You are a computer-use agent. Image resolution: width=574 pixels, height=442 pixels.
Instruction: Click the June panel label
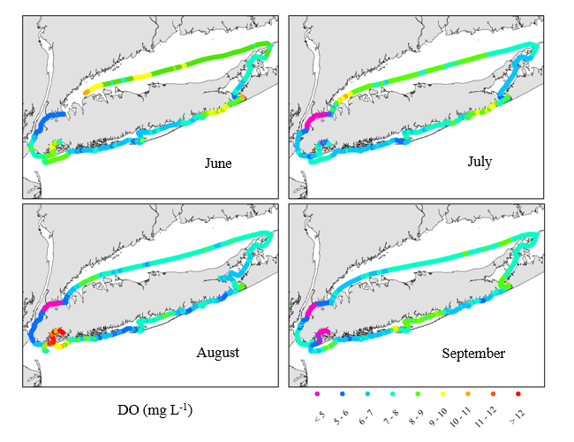218,164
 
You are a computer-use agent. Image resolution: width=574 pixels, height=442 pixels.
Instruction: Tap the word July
483,164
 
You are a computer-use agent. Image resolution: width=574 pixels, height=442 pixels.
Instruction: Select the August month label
218,352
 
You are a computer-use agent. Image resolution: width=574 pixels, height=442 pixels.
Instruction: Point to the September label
474,354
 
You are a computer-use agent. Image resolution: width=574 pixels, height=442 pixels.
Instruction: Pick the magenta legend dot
316,392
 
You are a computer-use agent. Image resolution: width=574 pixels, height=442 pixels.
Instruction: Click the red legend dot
519,392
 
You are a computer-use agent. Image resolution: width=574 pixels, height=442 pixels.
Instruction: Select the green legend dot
418,392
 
